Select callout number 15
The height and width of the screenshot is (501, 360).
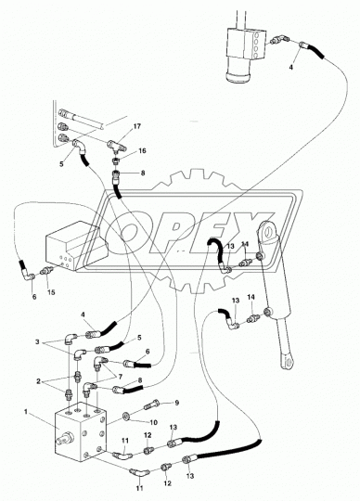pos(51,293)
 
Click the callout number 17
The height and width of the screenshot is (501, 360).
pos(137,125)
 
